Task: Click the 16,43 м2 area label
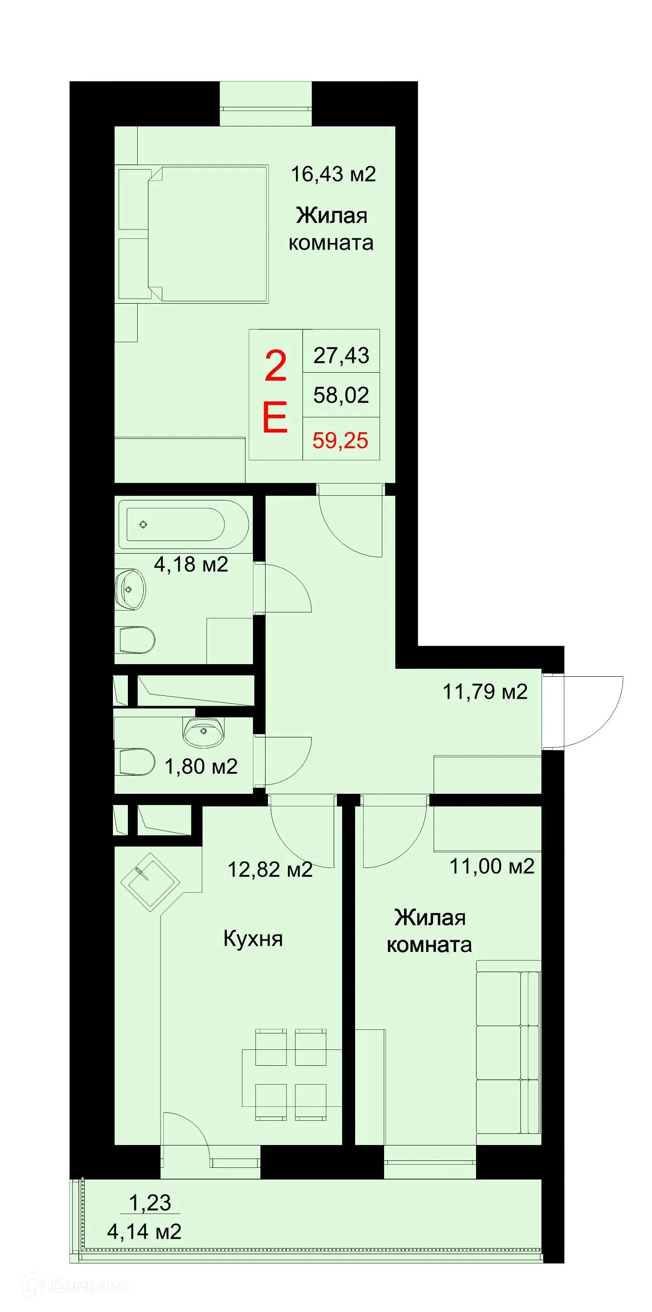[333, 174]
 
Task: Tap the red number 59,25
[341, 440]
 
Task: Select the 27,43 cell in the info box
[341, 355]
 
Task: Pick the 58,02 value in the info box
[341, 395]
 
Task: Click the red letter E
[275, 417]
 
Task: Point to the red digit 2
[276, 366]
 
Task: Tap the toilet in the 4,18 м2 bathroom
[137, 640]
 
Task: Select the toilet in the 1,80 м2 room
[136, 762]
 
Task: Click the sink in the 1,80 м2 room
[203, 732]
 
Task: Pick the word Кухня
[253, 938]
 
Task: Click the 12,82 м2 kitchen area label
[270, 869]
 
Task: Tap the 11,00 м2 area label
[491, 866]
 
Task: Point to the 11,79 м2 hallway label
[485, 692]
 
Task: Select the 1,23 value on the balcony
[150, 1202]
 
